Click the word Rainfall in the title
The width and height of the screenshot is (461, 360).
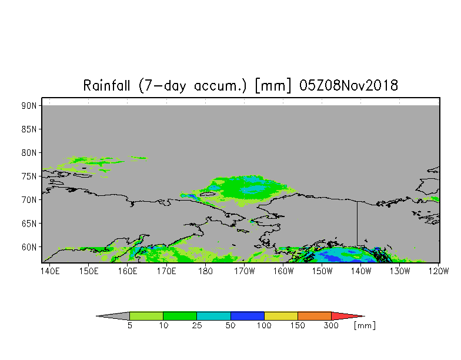(106, 86)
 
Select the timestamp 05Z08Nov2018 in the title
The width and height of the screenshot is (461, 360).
(348, 86)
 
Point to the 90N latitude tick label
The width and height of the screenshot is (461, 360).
(29, 106)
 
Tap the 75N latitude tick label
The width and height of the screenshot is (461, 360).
(29, 176)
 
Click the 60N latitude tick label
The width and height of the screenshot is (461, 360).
(29, 247)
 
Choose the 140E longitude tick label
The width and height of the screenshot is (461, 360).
(49, 271)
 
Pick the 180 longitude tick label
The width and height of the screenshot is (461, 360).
(205, 271)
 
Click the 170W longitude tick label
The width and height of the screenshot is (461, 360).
(245, 271)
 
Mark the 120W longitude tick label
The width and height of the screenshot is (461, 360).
(439, 271)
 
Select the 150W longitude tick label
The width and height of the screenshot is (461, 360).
(322, 271)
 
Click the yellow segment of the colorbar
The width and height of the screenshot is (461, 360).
(281, 316)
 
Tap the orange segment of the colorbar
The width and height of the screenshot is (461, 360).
(315, 316)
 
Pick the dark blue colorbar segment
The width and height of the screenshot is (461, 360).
(247, 316)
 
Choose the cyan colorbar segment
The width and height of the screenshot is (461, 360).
(213, 316)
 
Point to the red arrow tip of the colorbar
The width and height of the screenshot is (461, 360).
(365, 316)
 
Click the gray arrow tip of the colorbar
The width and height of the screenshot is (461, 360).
(96, 316)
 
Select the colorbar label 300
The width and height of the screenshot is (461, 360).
(331, 326)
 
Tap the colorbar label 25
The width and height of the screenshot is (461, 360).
(196, 326)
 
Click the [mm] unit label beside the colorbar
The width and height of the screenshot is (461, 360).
(365, 326)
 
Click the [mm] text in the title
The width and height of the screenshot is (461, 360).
(273, 86)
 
